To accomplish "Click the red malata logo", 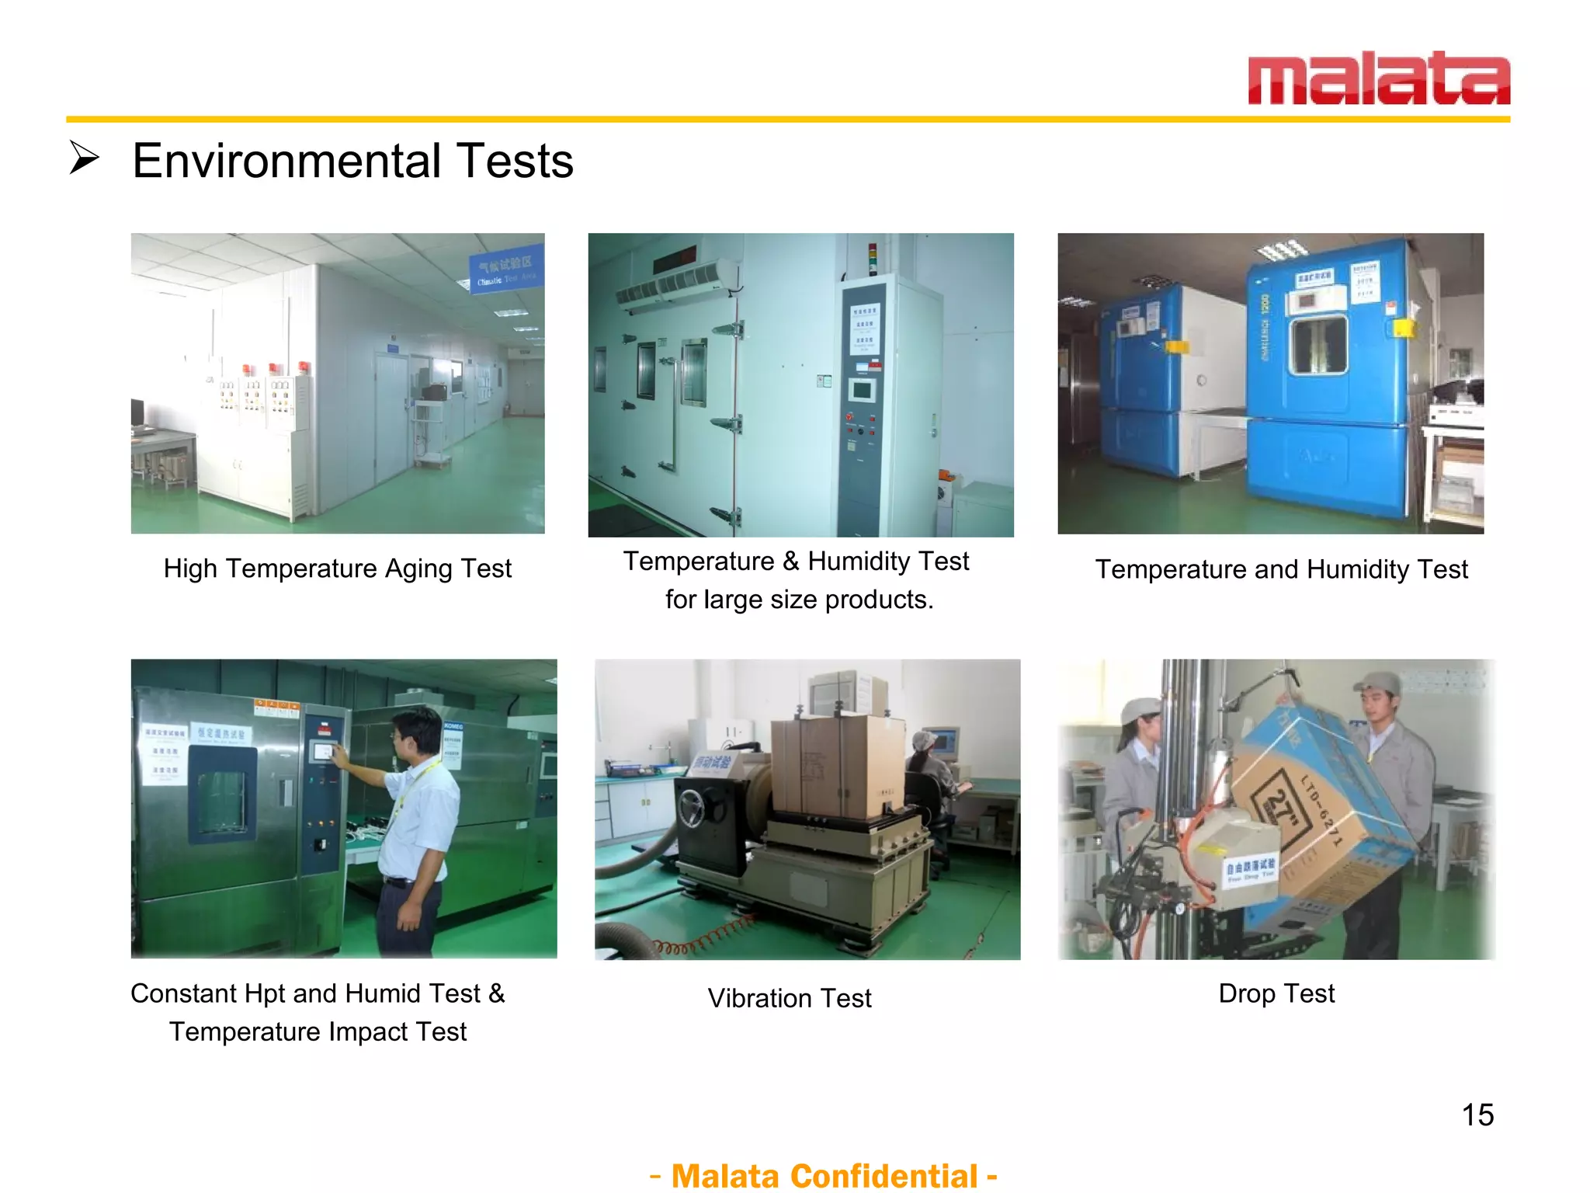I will click(1378, 78).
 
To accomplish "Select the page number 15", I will click(1477, 1115).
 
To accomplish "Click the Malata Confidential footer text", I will click(823, 1175).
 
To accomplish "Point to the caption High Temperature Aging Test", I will click(337, 569).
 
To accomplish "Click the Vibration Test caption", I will click(790, 998).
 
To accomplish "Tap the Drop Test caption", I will click(1276, 993).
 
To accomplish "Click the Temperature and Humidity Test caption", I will click(1281, 569).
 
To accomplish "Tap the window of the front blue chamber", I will click(1317, 346).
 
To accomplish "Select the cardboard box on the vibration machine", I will click(838, 765).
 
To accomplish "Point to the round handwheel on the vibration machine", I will click(693, 809).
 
